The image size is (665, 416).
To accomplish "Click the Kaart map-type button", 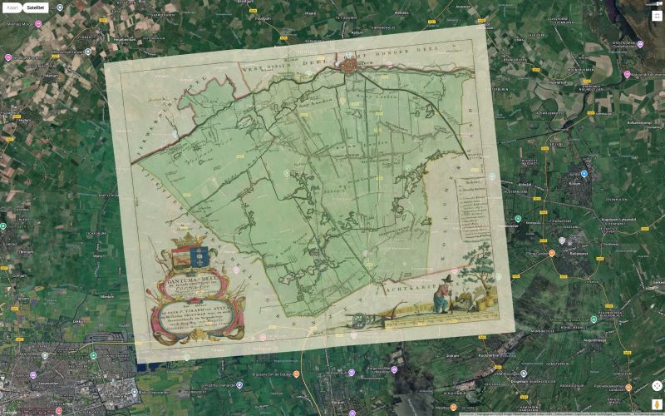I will [12, 7].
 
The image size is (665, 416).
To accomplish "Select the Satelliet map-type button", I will [36, 7].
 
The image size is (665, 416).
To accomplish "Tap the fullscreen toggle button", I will [657, 15].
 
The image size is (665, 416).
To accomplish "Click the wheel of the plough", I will [355, 319].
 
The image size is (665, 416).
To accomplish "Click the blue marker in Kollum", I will [584, 174].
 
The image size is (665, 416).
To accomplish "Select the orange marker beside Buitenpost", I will [551, 252].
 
